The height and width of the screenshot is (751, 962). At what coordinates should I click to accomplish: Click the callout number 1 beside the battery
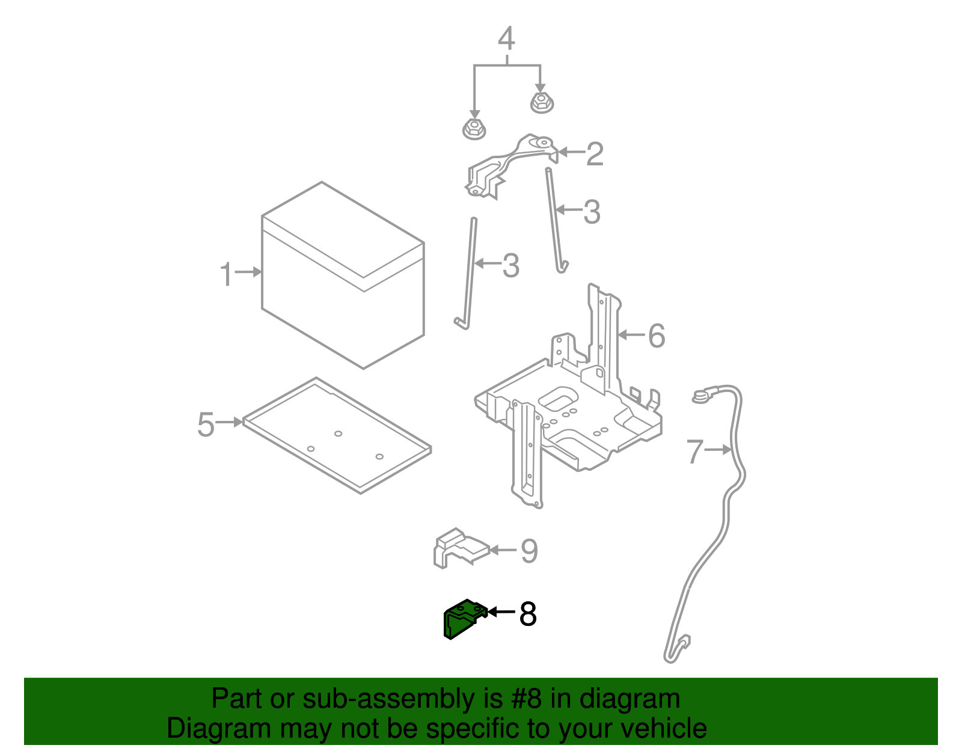pos(225,274)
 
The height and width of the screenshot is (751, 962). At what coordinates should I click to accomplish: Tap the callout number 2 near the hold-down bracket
pos(594,154)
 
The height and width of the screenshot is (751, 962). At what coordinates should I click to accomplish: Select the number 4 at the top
pos(506,39)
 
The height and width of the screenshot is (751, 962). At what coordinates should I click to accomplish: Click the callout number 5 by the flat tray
pos(206,425)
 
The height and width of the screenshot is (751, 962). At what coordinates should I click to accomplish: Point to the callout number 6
pos(657,336)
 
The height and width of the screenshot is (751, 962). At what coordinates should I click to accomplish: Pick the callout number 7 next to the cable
pos(695,451)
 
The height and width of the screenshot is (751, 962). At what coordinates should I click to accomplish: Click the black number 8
pos(527,614)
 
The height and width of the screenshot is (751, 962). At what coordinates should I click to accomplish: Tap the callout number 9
pos(528,551)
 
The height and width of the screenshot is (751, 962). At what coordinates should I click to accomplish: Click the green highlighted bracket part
pos(462,619)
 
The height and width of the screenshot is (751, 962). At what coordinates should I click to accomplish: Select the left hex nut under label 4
pos(474,129)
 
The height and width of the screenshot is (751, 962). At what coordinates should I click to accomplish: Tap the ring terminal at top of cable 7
pos(701,396)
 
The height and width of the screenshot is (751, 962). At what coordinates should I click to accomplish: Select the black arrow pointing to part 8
pos(500,612)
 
